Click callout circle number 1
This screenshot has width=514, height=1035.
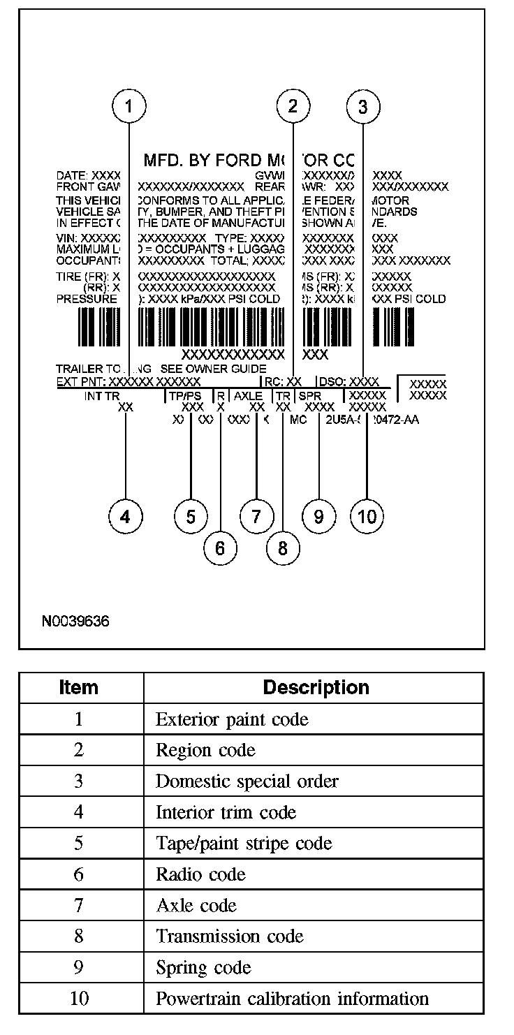coord(128,106)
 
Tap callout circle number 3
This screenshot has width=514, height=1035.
coord(362,106)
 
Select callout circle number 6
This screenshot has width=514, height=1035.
coord(220,548)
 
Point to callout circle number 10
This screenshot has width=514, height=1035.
coord(367,516)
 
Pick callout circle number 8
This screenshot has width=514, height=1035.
coord(282,548)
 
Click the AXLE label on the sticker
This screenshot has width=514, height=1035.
coord(249,396)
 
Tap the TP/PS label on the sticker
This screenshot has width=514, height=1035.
coord(184,396)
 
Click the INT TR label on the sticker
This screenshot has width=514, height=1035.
coord(103,396)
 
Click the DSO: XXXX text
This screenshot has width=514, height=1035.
coord(348,382)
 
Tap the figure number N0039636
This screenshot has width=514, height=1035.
coord(75,620)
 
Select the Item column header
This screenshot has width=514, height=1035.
coord(79,687)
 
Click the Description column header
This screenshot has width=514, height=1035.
coord(316,687)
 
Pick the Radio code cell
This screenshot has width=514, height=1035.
coord(200,874)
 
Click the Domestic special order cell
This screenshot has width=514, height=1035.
coord(247,781)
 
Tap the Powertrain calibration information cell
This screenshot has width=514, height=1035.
coord(292,999)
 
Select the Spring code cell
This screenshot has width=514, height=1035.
coord(203,968)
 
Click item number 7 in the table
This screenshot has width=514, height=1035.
coord(79,906)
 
